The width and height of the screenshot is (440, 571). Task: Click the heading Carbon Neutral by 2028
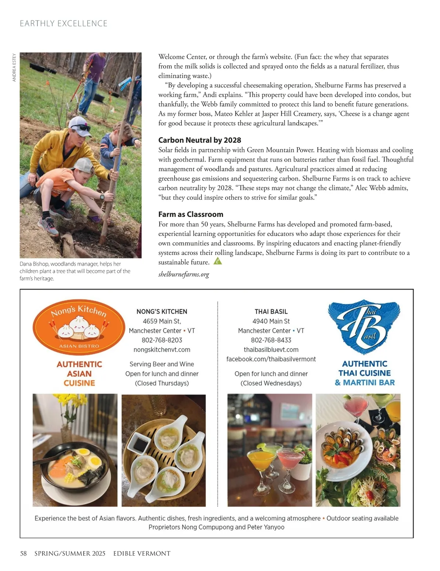[199, 140]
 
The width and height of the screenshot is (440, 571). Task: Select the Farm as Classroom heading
[191, 214]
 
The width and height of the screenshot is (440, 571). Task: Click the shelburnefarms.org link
[183, 274]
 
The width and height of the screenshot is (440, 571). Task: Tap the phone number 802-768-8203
[162, 340]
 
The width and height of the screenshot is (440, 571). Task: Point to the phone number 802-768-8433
[271, 340]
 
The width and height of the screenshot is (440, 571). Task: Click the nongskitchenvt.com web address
[162, 350]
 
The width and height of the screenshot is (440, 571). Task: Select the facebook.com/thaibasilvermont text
[271, 359]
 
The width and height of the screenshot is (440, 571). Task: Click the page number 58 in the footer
[23, 553]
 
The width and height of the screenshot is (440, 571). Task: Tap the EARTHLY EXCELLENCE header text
[63, 23]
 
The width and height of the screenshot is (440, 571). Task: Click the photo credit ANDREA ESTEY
[14, 67]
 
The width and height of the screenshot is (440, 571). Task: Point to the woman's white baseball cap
[79, 123]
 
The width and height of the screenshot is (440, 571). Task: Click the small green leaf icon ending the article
[218, 261]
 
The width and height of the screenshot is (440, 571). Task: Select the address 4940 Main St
[271, 321]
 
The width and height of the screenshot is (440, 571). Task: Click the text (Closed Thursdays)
[162, 383]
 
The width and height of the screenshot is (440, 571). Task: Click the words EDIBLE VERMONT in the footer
[142, 553]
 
